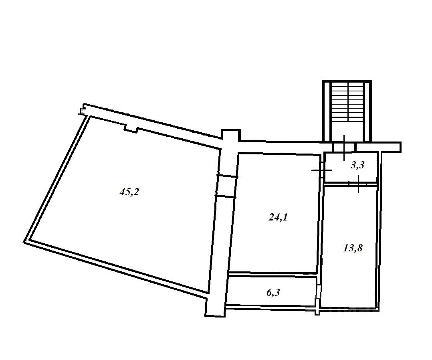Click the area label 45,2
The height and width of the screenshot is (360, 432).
(129, 192)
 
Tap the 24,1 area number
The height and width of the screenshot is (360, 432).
(278, 218)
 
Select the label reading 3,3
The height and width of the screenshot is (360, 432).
(357, 165)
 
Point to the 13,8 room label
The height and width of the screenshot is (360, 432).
(353, 248)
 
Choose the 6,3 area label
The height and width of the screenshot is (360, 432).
(273, 292)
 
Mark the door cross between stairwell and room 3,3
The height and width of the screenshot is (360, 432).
(344, 148)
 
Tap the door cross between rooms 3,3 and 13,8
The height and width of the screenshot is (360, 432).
(358, 184)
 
